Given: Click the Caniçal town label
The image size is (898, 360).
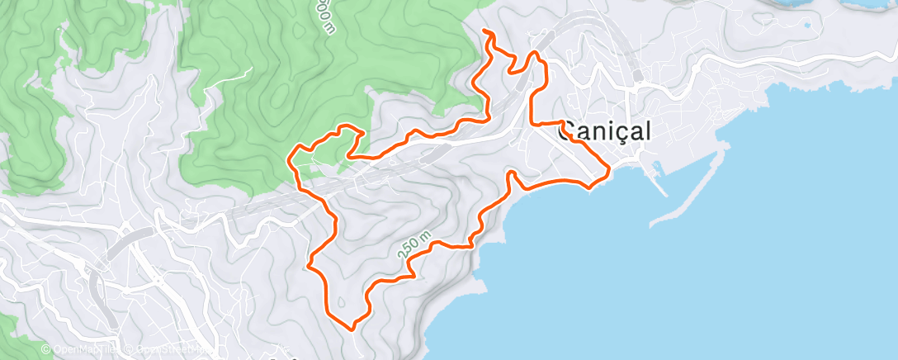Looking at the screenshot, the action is [x=605, y=131].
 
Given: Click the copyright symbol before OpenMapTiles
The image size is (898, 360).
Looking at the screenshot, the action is [x=45, y=350].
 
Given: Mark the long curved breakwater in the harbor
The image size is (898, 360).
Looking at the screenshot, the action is [x=693, y=186].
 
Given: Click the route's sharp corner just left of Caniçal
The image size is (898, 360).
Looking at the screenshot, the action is [x=532, y=123].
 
